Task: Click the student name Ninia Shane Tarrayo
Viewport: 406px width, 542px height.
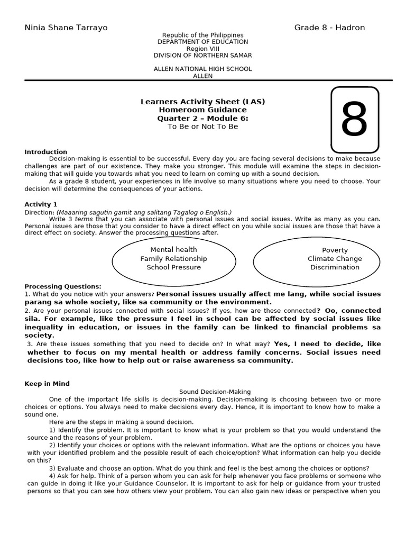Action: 66,28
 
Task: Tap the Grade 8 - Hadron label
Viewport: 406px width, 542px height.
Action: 329,28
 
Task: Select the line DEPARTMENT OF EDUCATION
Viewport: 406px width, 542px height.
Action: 202,42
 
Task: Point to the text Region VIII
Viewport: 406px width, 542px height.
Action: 202,49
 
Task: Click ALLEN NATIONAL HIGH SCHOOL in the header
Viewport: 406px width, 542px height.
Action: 202,69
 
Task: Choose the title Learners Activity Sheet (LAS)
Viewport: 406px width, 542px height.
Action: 202,102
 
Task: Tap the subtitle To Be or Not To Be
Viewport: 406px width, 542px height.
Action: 202,127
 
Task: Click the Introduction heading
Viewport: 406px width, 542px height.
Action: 46,152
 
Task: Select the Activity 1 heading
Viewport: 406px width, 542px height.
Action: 41,204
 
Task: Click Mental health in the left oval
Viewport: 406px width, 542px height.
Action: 173,250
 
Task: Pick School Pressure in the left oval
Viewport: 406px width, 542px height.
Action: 173,267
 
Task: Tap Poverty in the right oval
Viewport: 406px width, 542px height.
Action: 335,250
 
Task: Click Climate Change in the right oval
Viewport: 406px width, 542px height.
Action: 335,259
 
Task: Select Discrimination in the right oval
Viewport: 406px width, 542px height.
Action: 335,267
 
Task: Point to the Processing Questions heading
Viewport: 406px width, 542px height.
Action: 62,286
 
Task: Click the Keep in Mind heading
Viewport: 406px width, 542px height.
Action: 47,384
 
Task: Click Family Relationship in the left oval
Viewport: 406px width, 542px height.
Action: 173,259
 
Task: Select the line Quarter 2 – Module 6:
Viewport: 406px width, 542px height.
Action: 202,119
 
